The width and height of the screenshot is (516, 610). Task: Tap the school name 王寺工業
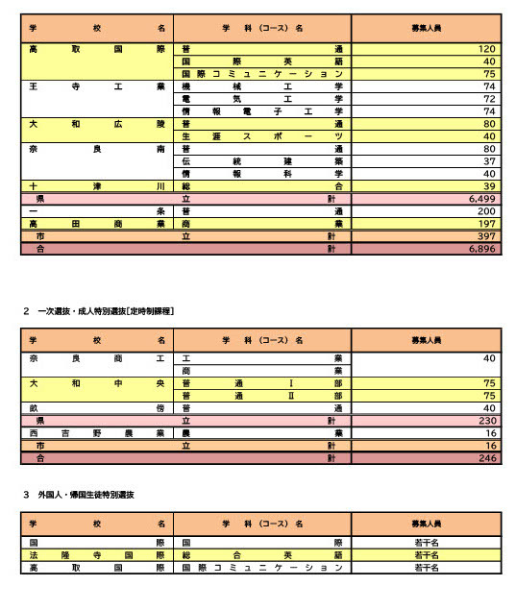tap(96, 86)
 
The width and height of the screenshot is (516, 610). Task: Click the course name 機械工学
tap(261, 86)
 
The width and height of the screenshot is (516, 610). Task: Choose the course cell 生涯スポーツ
tap(261, 136)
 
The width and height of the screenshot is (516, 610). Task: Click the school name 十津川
tap(96, 186)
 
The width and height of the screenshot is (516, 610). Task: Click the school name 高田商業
tap(96, 224)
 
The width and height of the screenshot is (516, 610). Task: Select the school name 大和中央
tap(96, 382)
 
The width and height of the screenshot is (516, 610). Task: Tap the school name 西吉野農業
tap(96, 433)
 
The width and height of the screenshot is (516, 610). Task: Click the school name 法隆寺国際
tap(96, 555)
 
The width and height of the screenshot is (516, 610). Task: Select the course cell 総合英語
tap(261, 555)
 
